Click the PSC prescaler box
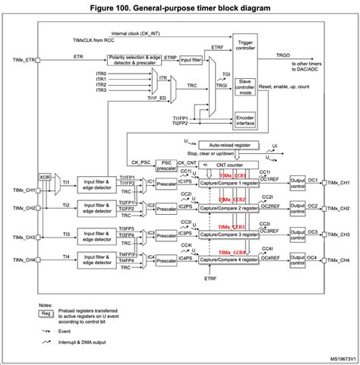[x=165, y=164]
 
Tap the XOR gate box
[x=46, y=180]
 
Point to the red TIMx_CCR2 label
[x=232, y=200]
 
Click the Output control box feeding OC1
[x=297, y=184]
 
